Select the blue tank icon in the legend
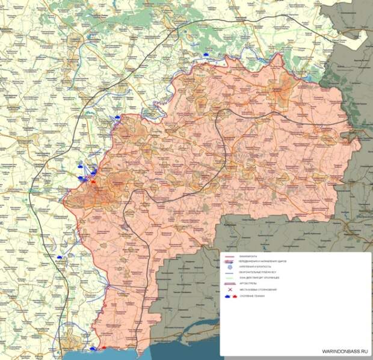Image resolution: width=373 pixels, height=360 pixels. point(230,296)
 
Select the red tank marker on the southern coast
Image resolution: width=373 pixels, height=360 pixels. point(104,347)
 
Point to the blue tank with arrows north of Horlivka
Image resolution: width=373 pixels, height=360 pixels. point(119,118)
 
